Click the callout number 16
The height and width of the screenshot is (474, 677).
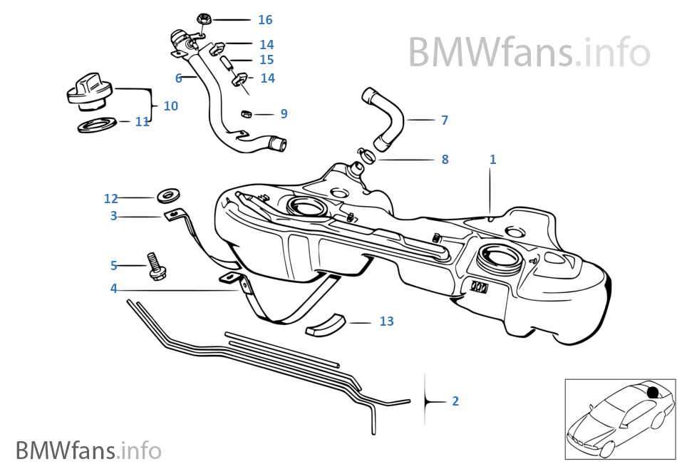[265, 20]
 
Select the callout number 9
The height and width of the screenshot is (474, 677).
[284, 113]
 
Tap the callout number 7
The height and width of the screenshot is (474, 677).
[445, 120]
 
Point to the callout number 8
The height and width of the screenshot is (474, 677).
[445, 160]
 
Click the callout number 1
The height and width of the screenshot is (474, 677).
[492, 159]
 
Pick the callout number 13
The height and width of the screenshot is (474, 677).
[386, 322]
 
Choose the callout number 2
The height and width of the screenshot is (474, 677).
[455, 401]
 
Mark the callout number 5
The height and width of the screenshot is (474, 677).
[113, 266]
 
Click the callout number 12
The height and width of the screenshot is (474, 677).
[110, 198]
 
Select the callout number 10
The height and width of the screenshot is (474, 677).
[170, 106]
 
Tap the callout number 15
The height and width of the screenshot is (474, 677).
[267, 61]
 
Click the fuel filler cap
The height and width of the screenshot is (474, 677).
[87, 93]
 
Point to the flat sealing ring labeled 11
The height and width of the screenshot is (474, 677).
[98, 126]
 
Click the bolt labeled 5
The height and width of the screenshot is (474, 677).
[155, 266]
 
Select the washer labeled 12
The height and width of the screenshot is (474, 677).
[169, 194]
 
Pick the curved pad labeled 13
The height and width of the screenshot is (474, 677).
[326, 324]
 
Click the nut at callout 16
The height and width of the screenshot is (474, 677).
[200, 19]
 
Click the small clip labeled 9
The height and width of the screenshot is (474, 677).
[246, 113]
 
